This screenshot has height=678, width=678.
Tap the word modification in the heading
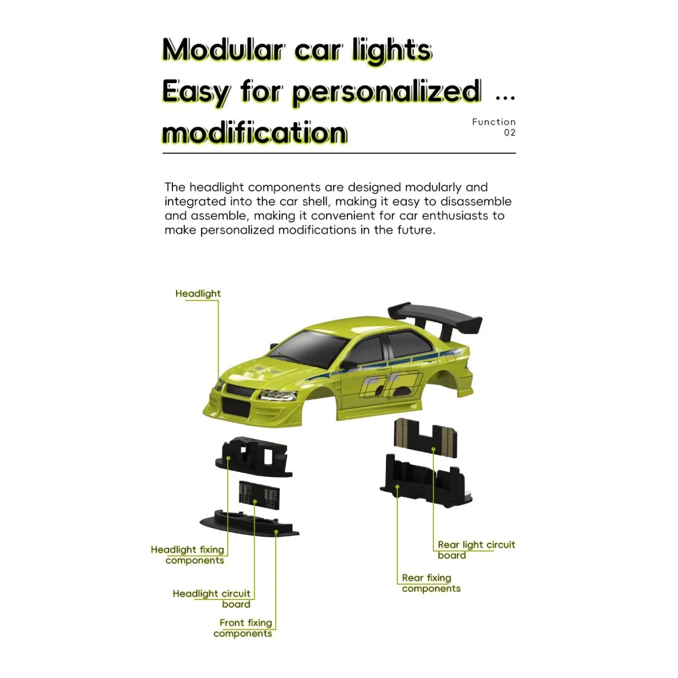254,133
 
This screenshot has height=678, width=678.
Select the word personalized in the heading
386,92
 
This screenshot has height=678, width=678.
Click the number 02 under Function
510,133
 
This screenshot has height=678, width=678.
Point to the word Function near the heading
494,122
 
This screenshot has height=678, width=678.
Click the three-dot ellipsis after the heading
505,98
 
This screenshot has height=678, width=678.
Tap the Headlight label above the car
198,294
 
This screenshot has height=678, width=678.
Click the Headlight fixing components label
188,555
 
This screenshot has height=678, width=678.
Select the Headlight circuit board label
212,599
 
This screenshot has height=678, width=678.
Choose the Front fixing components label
244,628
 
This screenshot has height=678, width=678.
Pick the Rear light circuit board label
476,550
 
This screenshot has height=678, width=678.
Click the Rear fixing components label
431,583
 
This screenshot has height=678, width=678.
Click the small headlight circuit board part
259,496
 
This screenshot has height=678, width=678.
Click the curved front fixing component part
249,523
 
